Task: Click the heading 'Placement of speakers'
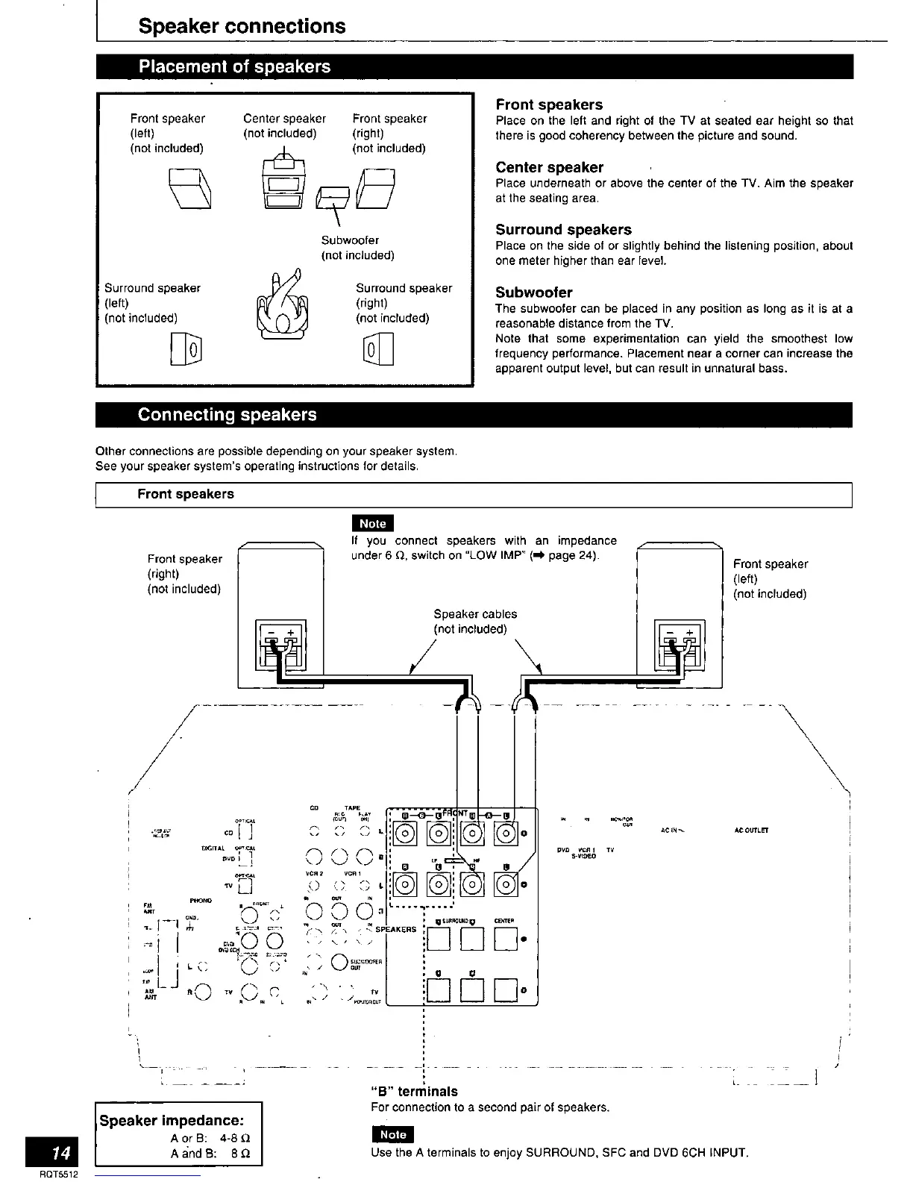233,66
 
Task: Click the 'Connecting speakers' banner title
227,415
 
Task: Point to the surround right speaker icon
377,349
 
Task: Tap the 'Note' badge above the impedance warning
372,523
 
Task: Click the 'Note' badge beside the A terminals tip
392,1134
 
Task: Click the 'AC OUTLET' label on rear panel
751,830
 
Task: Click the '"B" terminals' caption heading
414,1091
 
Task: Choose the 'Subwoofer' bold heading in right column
534,293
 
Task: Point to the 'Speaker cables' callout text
475,614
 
